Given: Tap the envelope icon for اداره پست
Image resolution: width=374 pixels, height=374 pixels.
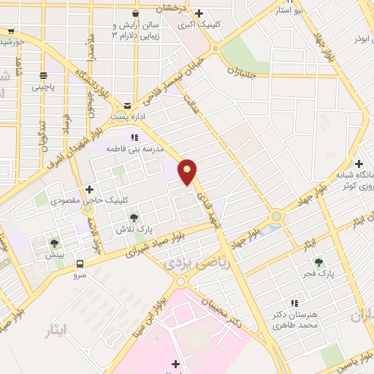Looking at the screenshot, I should click(x=129, y=106).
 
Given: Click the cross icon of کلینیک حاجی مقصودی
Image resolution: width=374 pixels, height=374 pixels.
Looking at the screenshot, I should click(x=89, y=189).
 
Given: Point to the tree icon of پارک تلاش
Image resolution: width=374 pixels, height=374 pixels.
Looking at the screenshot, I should click(x=134, y=217).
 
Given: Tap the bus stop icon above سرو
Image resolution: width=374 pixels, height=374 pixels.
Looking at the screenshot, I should click(x=80, y=264).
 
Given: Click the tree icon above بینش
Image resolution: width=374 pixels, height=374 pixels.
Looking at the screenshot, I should click(x=54, y=243).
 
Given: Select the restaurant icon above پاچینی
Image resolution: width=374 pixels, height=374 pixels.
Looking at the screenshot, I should click(x=43, y=74).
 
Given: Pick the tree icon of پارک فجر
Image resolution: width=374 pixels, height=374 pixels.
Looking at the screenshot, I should click(x=318, y=261).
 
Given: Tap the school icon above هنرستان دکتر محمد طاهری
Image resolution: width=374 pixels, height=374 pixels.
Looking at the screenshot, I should click(x=296, y=302).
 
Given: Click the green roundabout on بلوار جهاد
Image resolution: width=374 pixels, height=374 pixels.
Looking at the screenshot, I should click(x=276, y=216).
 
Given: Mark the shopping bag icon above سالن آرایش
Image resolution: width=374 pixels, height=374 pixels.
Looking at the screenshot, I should click(x=135, y=13).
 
